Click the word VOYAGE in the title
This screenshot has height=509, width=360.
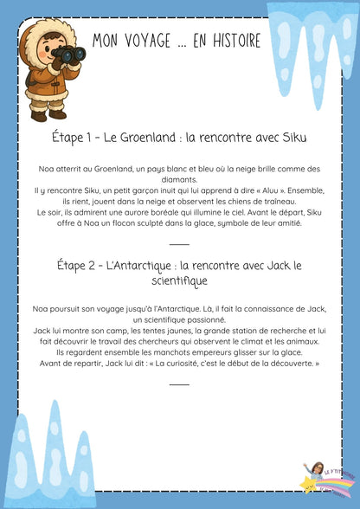pyautogui.click(x=156, y=38)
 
